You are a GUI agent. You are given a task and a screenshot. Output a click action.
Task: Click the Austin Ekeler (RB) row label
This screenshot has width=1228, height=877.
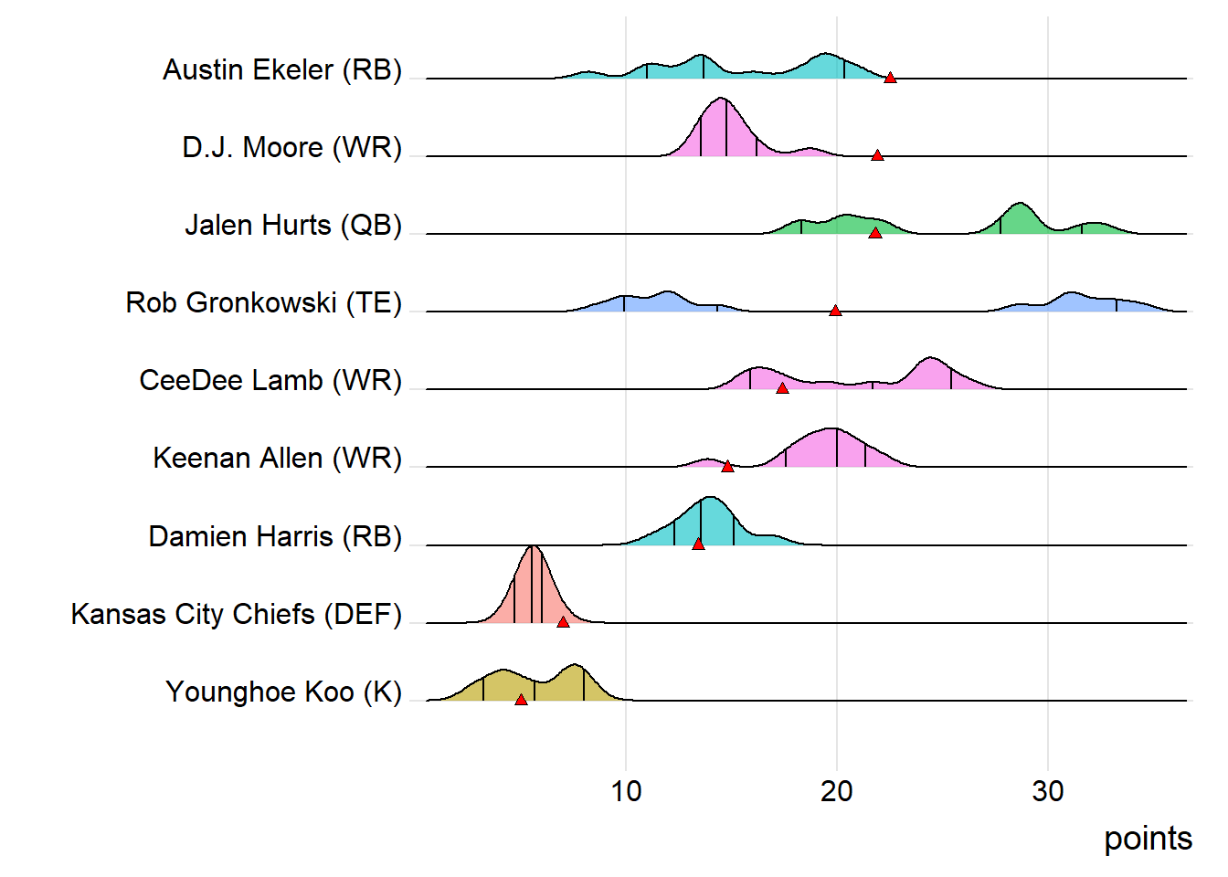pyautogui.click(x=282, y=70)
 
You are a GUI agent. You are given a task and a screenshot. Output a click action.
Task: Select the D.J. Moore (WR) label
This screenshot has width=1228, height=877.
pyautogui.click(x=292, y=148)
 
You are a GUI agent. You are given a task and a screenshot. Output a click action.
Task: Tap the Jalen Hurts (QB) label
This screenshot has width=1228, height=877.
pyautogui.click(x=293, y=226)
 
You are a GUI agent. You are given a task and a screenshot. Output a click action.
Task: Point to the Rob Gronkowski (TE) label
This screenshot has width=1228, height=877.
pyautogui.click(x=264, y=303)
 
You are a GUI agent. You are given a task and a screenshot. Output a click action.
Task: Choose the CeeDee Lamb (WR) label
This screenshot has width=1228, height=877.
pyautogui.click(x=270, y=381)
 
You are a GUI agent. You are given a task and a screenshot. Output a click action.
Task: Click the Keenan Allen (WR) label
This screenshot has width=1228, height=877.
pyautogui.click(x=278, y=459)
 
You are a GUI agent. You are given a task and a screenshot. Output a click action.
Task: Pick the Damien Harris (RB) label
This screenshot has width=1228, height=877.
pyautogui.click(x=275, y=537)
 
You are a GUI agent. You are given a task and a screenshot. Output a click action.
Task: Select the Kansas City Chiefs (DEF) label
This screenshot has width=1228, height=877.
pyautogui.click(x=237, y=615)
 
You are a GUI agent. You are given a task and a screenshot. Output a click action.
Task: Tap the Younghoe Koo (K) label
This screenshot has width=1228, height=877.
pyautogui.click(x=284, y=692)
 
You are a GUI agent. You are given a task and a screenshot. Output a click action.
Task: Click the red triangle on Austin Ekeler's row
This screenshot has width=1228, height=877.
pyautogui.click(x=890, y=78)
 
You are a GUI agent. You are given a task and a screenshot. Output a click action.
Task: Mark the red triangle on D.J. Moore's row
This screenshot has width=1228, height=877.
pyautogui.click(x=877, y=155)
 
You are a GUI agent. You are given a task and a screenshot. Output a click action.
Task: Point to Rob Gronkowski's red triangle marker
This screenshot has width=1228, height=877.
pyautogui.click(x=835, y=311)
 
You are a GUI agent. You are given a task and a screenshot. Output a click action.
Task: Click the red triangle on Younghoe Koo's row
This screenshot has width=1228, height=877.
pyautogui.click(x=521, y=700)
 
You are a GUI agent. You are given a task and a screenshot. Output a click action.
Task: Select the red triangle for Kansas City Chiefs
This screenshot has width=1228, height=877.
pyautogui.click(x=563, y=621)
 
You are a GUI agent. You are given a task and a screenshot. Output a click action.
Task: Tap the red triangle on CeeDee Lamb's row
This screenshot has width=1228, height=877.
pyautogui.click(x=782, y=388)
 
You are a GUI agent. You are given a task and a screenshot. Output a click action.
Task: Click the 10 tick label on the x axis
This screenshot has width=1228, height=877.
pyautogui.click(x=626, y=791)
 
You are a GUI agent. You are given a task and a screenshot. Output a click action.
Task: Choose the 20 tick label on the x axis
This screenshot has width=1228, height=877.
pyautogui.click(x=837, y=791)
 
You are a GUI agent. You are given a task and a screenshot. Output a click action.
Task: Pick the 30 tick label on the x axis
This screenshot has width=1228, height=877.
pyautogui.click(x=1048, y=791)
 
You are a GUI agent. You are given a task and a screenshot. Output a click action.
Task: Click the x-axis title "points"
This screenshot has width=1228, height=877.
pyautogui.click(x=1148, y=839)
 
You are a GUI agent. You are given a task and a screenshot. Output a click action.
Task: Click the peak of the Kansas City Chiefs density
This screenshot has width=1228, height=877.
pyautogui.click(x=533, y=547)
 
